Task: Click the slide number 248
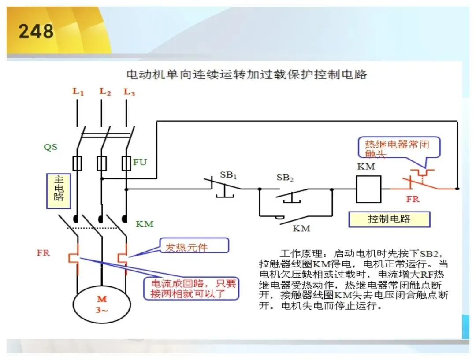coord(36,31)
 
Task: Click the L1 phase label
coord(78,91)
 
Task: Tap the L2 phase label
coord(105,91)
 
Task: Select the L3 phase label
coord(129,92)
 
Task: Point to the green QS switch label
coord(50,147)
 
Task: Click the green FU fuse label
coord(140,162)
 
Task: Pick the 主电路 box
coord(59,191)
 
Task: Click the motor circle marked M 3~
coord(102,304)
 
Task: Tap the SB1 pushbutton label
coord(228,175)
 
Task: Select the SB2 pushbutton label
coord(285,178)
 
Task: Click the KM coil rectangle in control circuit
coord(368,189)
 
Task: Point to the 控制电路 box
coord(389,219)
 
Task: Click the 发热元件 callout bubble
coord(194,245)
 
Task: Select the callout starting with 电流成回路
coord(191,288)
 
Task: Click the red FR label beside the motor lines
coord(43,253)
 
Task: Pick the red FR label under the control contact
coord(413,199)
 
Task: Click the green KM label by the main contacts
coord(145,224)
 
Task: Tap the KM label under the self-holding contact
coord(301,228)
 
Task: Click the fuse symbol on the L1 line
coord(77,163)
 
